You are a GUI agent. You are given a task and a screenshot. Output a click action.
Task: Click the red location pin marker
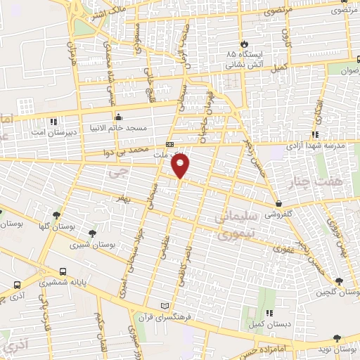pyautogui.click(x=181, y=165)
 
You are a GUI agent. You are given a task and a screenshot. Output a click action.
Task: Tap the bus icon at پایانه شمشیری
pyautogui.click(x=64, y=271)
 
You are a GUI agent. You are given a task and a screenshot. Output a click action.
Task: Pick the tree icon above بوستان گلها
pyautogui.click(x=56, y=215)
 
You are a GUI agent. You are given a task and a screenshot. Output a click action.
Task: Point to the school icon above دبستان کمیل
pyautogui.click(x=269, y=313)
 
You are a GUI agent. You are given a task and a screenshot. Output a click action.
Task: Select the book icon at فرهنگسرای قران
pyautogui.click(x=165, y=307)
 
